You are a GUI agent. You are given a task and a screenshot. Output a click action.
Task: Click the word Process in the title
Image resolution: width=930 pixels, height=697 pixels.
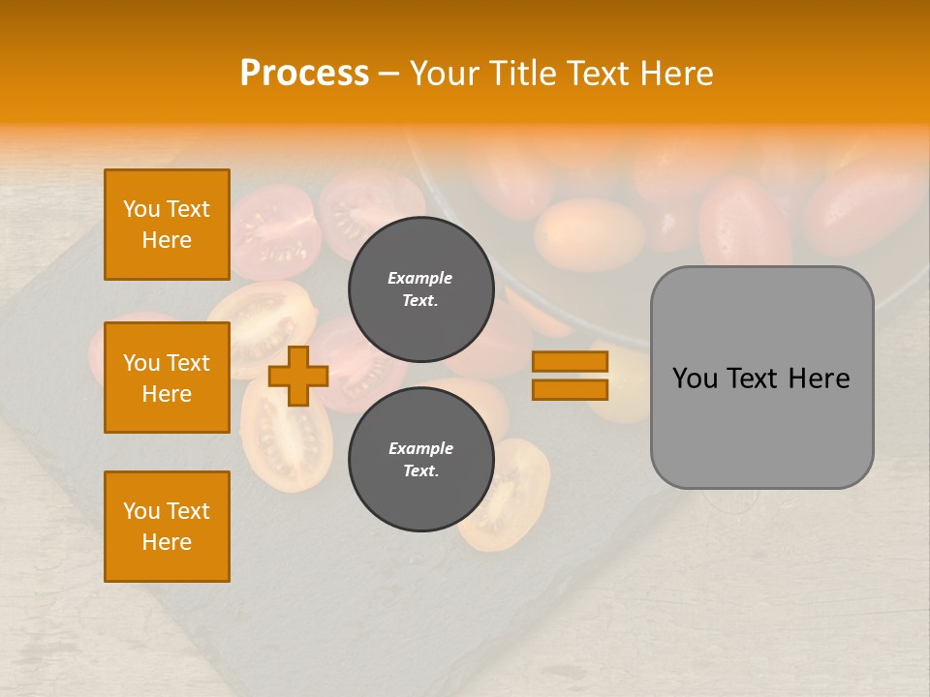304,74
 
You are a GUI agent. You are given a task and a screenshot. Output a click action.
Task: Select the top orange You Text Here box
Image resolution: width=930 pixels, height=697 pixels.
167,225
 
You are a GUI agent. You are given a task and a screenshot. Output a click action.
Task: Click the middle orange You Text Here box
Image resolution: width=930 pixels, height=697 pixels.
167,378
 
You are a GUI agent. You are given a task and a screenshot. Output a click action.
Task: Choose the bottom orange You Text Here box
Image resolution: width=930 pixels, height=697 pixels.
167,527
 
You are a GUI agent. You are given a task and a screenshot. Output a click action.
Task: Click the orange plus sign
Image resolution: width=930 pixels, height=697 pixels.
297,375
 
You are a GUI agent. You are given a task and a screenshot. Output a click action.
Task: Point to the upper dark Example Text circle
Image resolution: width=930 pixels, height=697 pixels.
420,289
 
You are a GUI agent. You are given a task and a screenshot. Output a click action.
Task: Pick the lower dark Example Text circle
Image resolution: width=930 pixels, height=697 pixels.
420,460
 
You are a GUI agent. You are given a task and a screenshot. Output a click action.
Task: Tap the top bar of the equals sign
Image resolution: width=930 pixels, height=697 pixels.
570,361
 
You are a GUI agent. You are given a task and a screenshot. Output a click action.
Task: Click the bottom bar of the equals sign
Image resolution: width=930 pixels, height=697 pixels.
570,389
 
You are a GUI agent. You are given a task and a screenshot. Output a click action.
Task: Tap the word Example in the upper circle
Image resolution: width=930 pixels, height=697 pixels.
420,278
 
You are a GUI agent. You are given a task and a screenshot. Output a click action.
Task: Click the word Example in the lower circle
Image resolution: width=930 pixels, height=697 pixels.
420,448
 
